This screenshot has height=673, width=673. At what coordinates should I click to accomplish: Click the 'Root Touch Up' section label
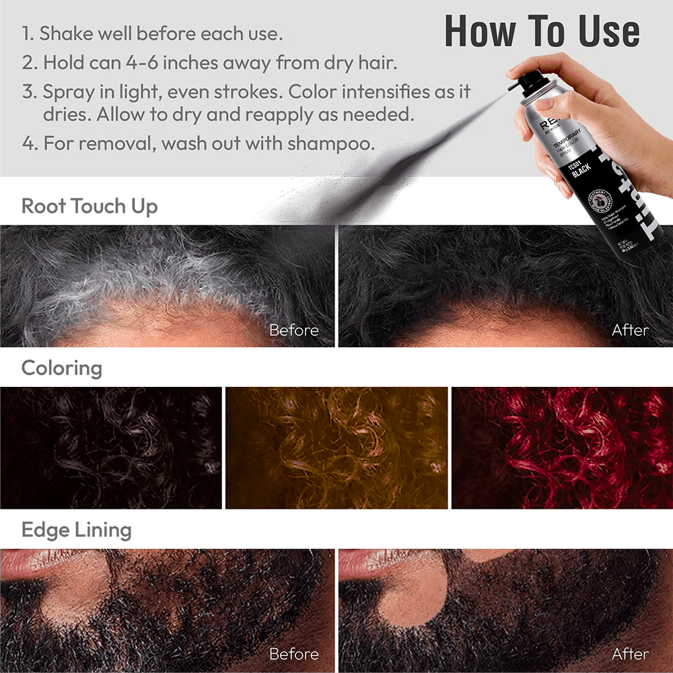pyautogui.click(x=90, y=206)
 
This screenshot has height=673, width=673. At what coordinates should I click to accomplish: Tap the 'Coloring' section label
pyautogui.click(x=62, y=369)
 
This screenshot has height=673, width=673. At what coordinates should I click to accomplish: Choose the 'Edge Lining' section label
pyautogui.click(x=76, y=530)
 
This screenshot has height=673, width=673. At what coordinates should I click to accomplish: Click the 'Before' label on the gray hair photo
pyautogui.click(x=293, y=330)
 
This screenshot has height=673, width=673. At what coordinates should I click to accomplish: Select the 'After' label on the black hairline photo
pyautogui.click(x=630, y=330)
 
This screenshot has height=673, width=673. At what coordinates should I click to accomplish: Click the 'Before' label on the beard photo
pyautogui.click(x=293, y=653)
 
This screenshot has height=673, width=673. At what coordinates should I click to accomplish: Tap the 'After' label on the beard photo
pyautogui.click(x=630, y=653)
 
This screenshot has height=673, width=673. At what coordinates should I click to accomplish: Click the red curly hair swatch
pyautogui.click(x=561, y=448)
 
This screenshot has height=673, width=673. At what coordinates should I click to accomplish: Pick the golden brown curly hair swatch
pyautogui.click(x=336, y=448)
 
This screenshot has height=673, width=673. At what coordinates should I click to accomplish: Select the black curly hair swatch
pyautogui.click(x=111, y=448)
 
